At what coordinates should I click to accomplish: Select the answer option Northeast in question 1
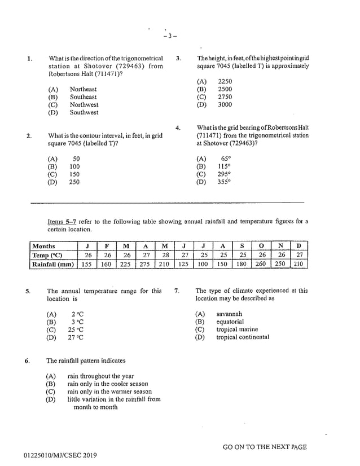[83, 89]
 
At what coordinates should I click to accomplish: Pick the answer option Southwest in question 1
[84, 112]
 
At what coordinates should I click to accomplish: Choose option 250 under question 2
[74, 182]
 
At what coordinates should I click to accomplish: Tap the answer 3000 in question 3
[225, 104]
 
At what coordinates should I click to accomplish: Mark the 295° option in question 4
[224, 174]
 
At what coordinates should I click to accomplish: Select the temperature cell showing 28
[165, 255]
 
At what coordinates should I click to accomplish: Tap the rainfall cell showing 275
[145, 263]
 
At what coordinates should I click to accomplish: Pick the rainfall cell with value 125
[184, 263]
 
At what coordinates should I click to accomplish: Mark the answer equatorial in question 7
[230, 322]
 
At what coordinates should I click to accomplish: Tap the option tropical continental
[243, 337]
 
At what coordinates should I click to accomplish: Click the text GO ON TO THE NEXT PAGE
[265, 447]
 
